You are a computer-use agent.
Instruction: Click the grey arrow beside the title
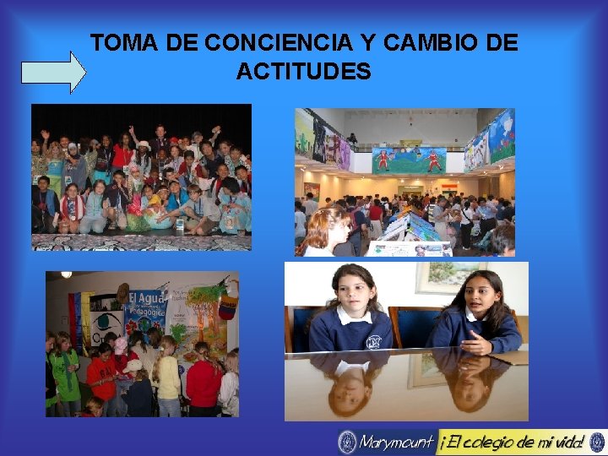52,71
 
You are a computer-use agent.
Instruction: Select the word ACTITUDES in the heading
303,72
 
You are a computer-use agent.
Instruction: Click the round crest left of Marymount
347,442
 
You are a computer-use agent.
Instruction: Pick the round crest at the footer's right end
597,442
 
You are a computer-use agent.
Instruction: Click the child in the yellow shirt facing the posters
166,372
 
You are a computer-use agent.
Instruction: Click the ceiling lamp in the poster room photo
65,275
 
